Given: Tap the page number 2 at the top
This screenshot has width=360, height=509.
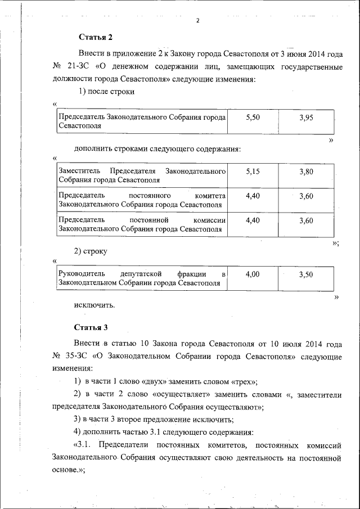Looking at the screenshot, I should (x=198, y=21).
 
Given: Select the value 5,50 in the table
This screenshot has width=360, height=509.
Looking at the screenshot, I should (x=253, y=117).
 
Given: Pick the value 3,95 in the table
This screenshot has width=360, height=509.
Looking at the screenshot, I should (x=306, y=117).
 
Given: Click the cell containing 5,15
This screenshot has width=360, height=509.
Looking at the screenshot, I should (x=253, y=172).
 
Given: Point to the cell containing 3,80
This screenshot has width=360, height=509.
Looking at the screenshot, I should (x=306, y=172).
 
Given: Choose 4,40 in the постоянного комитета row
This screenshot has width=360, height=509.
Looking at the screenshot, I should (x=253, y=196).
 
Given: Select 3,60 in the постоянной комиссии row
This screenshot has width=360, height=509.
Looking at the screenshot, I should (x=306, y=220).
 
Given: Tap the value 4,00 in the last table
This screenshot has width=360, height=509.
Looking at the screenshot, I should (x=253, y=274).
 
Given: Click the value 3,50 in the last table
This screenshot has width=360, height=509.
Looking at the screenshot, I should (x=306, y=274).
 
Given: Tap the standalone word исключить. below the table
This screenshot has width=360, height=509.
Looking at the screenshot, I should (x=94, y=305).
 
